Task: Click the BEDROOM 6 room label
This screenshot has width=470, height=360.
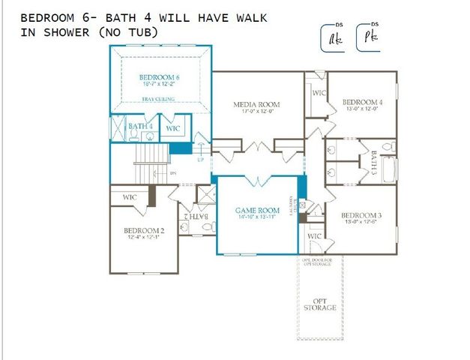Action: coord(158,77)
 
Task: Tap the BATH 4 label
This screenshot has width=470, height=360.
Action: coord(140,127)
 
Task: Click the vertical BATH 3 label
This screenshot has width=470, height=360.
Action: coord(375,161)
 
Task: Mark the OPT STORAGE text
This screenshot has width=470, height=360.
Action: coord(320,304)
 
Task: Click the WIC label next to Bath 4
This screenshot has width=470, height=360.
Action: coord(173,129)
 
